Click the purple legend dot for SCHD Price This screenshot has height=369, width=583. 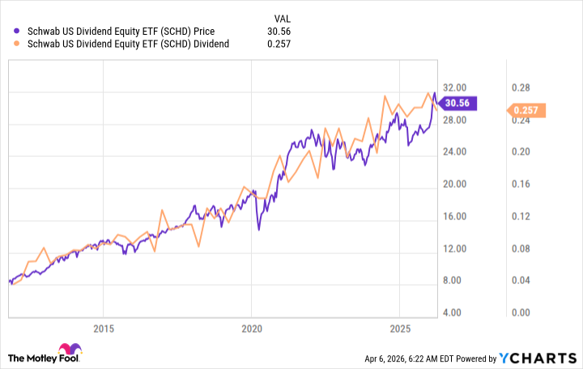click(18, 32)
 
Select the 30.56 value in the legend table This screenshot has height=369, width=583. click(279, 32)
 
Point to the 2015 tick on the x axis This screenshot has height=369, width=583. click(103, 329)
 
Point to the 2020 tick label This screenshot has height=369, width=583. click(252, 329)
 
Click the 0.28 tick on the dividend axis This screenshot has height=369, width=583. click(520, 87)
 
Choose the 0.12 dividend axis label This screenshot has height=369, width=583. click(520, 216)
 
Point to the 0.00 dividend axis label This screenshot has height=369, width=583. click(520, 312)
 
